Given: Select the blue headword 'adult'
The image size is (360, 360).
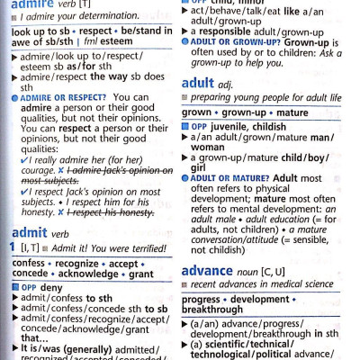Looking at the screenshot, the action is [x=199, y=83].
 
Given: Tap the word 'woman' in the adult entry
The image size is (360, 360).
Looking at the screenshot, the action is [x=209, y=147].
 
